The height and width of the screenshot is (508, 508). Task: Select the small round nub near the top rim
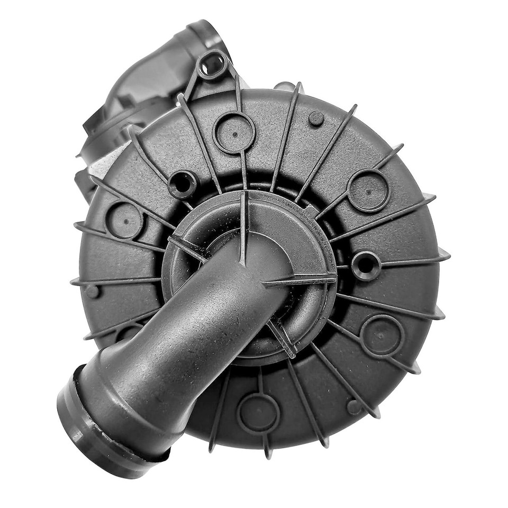click(316, 118)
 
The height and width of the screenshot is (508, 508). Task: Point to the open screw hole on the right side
click(366, 265)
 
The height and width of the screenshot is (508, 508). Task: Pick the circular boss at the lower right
click(382, 335)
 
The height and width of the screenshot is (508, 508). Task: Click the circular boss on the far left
click(124, 220)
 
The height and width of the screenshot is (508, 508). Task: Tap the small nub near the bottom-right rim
click(353, 407)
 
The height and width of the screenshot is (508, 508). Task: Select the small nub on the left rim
click(93, 291)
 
